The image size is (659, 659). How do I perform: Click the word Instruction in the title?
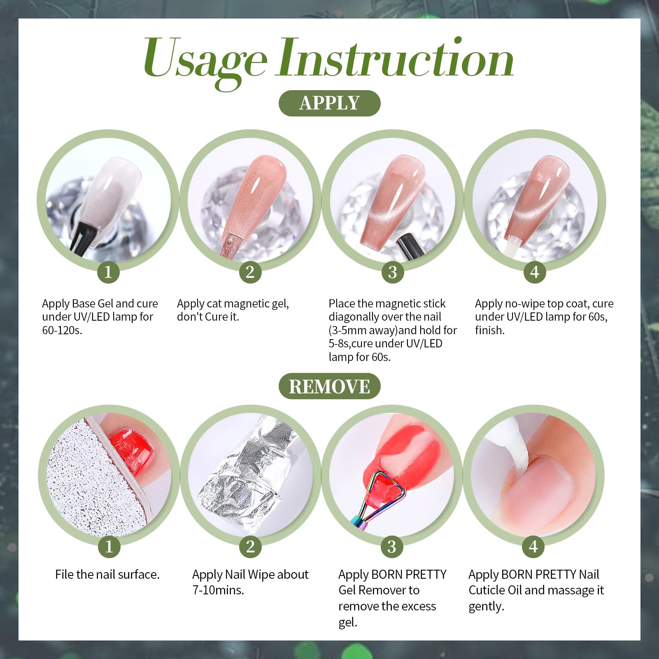[x=396, y=58]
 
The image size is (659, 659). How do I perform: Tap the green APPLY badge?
[x=329, y=103]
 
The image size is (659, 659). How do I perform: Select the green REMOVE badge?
[x=329, y=386]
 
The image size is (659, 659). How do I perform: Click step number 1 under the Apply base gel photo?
[x=108, y=272]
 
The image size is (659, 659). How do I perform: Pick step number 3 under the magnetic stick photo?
[x=392, y=272]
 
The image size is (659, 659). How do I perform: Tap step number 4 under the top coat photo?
[x=534, y=272]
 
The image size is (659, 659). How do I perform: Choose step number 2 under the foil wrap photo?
[x=250, y=547]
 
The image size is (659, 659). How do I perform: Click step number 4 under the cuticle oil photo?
[x=533, y=547]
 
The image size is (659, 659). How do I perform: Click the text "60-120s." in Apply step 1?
[x=62, y=330]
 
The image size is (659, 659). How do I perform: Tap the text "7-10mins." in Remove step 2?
[x=218, y=590]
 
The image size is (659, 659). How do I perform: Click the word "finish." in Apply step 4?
[x=490, y=330]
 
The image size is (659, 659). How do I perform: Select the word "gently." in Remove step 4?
[x=486, y=607]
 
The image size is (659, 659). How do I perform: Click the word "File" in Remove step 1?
[x=65, y=574]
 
